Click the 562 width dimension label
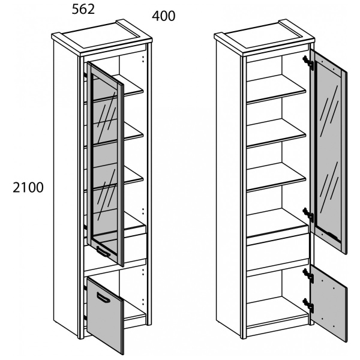pos(83,10)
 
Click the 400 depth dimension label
pos(163,16)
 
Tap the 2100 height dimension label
pos(28,187)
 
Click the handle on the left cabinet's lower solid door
pos(103,298)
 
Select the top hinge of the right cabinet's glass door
pos(308,62)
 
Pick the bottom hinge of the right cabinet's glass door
pos(308,214)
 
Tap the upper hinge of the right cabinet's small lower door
pos(308,275)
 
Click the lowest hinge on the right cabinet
pos(308,305)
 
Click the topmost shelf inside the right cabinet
pos(276,89)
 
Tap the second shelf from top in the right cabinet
pos(276,133)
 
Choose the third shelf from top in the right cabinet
pos(276,177)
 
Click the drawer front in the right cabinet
pos(277,253)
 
